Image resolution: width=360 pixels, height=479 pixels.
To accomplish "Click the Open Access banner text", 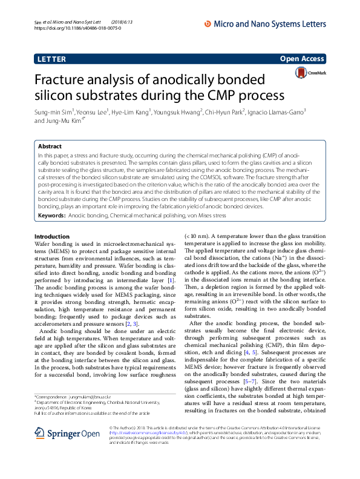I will pyautogui.click(x=303, y=59).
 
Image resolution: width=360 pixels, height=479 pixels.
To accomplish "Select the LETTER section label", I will pyautogui.click(x=51, y=59).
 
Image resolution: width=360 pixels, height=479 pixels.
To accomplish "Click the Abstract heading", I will pyautogui.click(x=50, y=147).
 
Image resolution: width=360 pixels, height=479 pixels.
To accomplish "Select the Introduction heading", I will pyautogui.click(x=52, y=236).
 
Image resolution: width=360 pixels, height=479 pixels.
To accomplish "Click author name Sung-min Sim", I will pyautogui.click(x=53, y=112).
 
